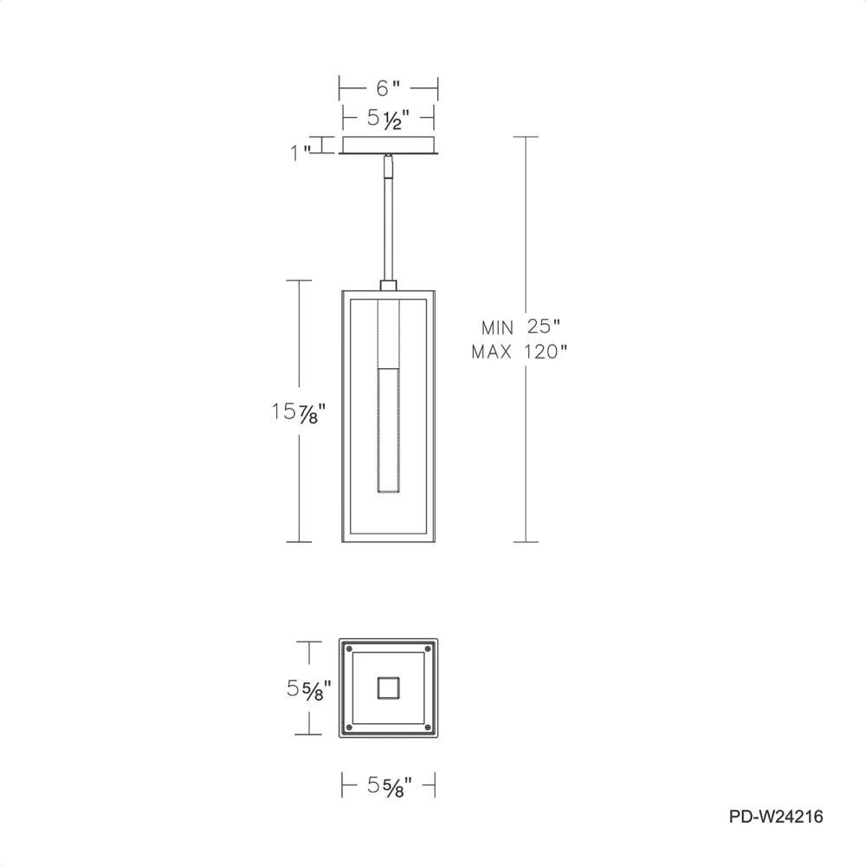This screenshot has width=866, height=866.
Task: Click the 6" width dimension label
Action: (388, 87)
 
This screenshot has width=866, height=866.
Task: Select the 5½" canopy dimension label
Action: (389, 120)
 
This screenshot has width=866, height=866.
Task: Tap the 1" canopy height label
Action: (301, 152)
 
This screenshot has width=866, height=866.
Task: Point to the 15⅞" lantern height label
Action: (295, 412)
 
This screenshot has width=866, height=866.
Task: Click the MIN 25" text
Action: (520, 327)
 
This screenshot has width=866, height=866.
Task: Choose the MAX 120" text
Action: (519, 352)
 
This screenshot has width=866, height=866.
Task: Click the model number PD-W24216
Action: (776, 817)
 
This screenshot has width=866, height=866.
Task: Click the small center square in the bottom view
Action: (388, 688)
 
